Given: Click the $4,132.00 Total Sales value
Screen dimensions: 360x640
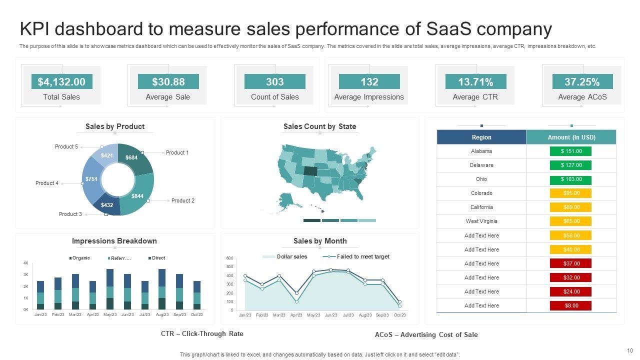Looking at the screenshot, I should [x=61, y=81].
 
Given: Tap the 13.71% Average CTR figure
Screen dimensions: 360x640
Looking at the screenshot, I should [x=475, y=81].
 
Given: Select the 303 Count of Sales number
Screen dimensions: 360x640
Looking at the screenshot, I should [x=274, y=81].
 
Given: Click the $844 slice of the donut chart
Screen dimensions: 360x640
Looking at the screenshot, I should [x=137, y=196].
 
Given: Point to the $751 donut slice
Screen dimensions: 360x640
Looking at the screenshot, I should [x=91, y=179].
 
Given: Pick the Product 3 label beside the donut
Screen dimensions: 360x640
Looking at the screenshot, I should [x=70, y=214].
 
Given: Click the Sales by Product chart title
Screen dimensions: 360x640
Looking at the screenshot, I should [x=115, y=126].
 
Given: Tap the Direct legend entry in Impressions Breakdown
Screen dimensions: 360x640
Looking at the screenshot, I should [x=158, y=258].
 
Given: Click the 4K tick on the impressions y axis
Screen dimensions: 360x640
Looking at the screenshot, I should [x=25, y=263].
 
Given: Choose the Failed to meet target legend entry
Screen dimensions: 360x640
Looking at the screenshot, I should [x=362, y=256].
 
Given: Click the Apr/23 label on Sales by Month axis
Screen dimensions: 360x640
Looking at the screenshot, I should [x=296, y=315].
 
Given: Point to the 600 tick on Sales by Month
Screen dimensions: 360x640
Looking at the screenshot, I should [x=230, y=258].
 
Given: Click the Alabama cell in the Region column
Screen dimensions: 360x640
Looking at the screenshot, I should [x=481, y=151].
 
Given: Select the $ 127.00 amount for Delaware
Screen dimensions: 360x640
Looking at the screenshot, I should [x=571, y=165].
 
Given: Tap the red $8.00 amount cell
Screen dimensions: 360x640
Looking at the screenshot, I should [x=571, y=305].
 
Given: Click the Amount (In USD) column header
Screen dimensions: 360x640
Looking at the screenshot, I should [x=571, y=137].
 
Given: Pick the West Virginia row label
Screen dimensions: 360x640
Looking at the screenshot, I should [x=481, y=221].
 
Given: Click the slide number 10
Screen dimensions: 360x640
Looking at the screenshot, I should [x=629, y=350].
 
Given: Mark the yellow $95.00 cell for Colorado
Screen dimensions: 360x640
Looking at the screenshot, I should [x=571, y=193].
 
